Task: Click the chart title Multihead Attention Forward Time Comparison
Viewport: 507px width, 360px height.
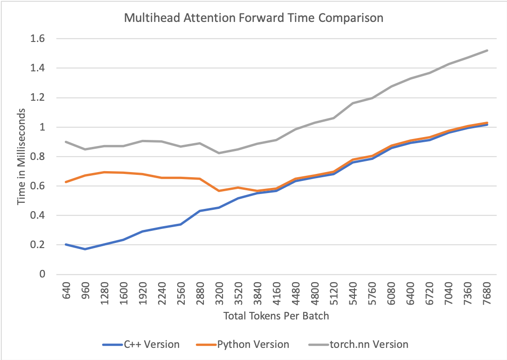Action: (253, 19)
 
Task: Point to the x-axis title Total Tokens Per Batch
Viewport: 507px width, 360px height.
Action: (276, 316)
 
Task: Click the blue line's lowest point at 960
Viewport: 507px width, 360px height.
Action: (85, 249)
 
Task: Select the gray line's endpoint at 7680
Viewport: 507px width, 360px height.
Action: (487, 50)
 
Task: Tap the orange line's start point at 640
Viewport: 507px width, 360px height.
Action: (66, 182)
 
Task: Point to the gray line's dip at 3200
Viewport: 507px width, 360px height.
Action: (219, 153)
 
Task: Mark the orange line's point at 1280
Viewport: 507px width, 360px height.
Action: (104, 172)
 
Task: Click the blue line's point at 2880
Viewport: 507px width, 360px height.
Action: (200, 211)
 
